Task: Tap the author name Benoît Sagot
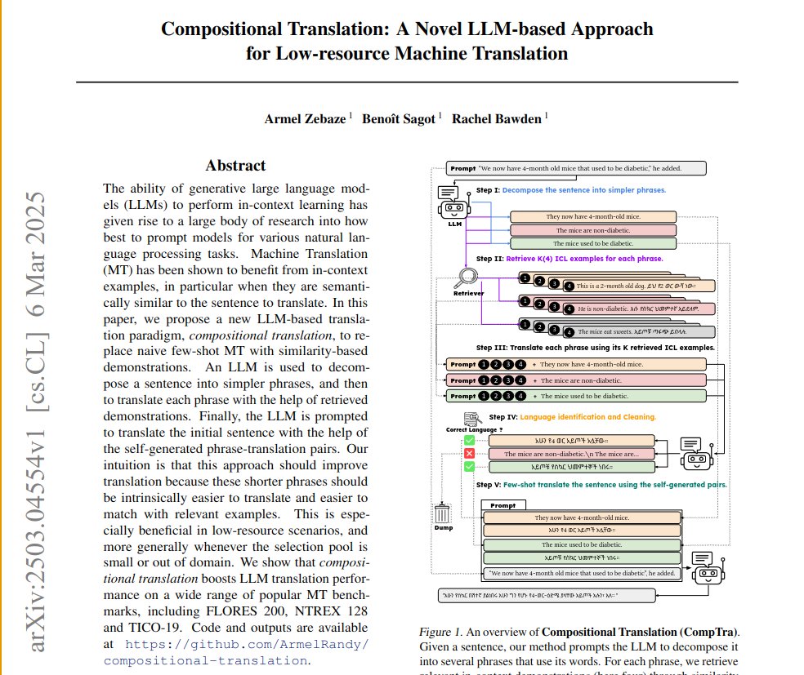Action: click(x=400, y=119)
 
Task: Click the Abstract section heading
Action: click(x=235, y=166)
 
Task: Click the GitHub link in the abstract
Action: click(x=236, y=651)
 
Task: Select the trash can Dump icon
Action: click(x=442, y=513)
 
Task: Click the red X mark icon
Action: click(x=470, y=454)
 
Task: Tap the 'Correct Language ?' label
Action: click(x=474, y=429)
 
